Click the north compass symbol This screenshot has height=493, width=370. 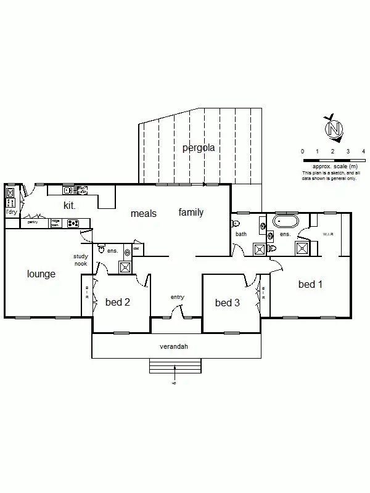pos(334,129)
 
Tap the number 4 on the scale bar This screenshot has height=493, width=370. pos(364,152)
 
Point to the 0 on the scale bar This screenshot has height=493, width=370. pos(302,152)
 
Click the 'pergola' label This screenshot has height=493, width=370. pos(199,148)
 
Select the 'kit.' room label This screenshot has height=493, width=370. pos(70,205)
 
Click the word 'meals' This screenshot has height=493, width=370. pos(143,214)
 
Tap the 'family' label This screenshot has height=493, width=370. pos(191,213)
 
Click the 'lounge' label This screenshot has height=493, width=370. pos(41,274)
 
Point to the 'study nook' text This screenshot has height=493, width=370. pos(81,259)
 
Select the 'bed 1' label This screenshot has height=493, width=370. pos(310,285)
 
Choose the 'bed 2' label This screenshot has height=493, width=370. pos(117,302)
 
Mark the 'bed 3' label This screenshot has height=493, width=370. pos(227,303)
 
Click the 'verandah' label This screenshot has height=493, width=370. pos(173,347)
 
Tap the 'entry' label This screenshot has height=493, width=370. pos(178,298)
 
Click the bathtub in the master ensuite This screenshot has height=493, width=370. pos(286,220)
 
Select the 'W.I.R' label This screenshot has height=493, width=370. pos(329,234)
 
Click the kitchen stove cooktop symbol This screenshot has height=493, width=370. pos(73,224)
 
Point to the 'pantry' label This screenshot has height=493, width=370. pos(33,222)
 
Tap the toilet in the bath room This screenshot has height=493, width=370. pos(236,224)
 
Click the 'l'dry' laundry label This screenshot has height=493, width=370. pos(10,212)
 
